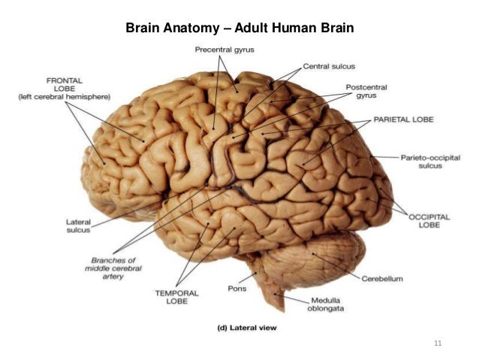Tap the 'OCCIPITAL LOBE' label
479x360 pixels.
(429, 219)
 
